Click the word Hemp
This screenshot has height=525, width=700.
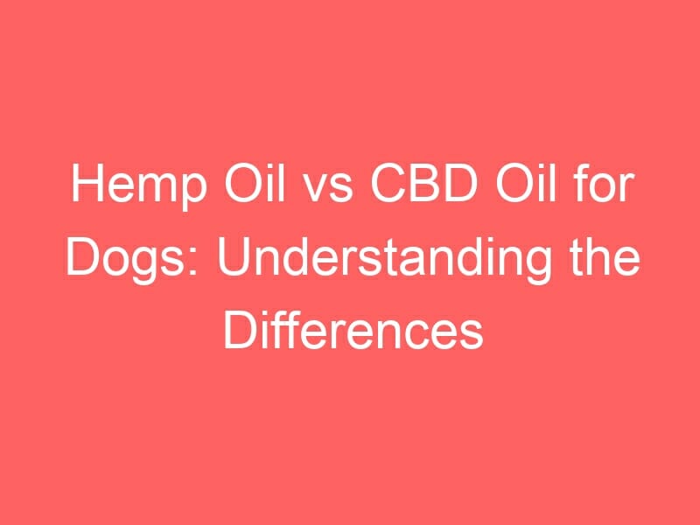[x=139, y=185]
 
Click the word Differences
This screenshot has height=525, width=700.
[x=353, y=332]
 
